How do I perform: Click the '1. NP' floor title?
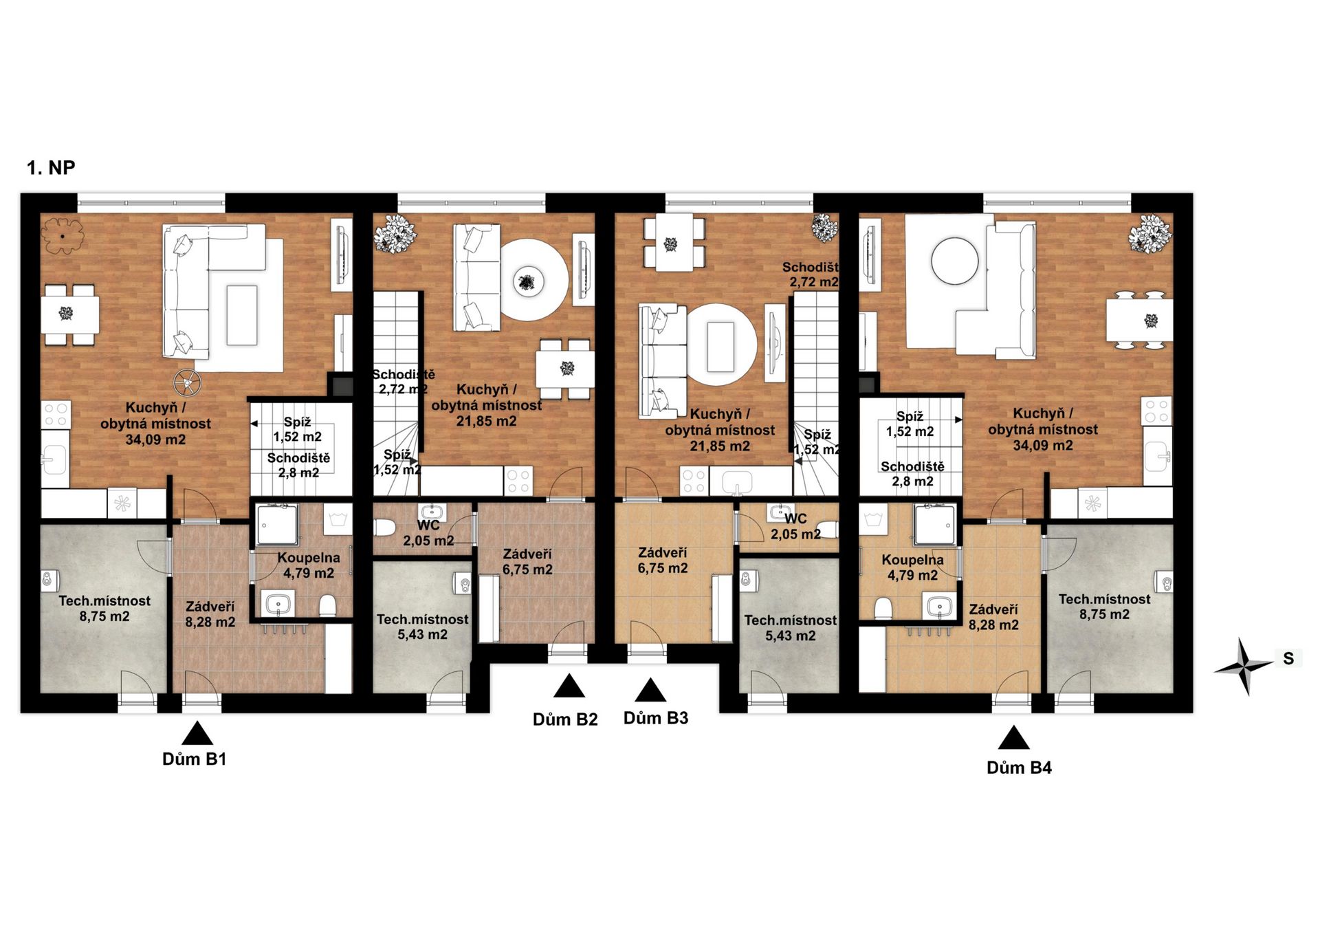coord(51,167)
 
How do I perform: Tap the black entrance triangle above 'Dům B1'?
coord(197,733)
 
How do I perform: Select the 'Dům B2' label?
coord(565,719)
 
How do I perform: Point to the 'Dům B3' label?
coord(656,718)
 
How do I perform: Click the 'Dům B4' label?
coord(1019,768)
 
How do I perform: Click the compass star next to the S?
coord(1244,666)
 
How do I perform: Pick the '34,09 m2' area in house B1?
coord(155,440)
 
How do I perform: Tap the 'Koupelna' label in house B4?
coord(912,560)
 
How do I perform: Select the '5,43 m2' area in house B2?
coord(422,635)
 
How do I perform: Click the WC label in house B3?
coord(795,519)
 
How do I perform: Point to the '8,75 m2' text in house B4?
coord(1104,614)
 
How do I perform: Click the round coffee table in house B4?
coord(954,261)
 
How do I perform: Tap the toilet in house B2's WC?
coord(384,528)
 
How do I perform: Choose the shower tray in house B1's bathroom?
coord(277,525)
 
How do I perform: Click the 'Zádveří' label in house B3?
coord(663,553)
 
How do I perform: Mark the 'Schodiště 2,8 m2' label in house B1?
coord(298,465)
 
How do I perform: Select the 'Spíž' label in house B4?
coord(910,417)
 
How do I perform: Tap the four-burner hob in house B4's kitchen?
coord(1156,411)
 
